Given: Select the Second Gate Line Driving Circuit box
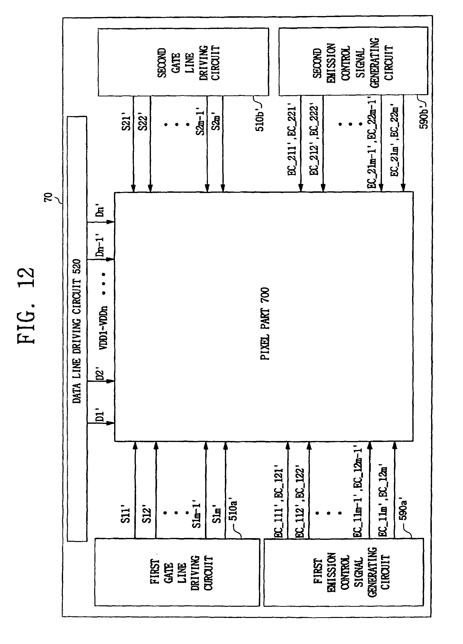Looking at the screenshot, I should point(183,62).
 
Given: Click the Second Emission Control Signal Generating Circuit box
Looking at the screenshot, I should point(353,61).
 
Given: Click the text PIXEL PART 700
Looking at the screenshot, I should point(265,324).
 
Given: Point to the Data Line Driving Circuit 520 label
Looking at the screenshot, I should point(77,331).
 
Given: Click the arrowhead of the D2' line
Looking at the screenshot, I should point(111,381).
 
